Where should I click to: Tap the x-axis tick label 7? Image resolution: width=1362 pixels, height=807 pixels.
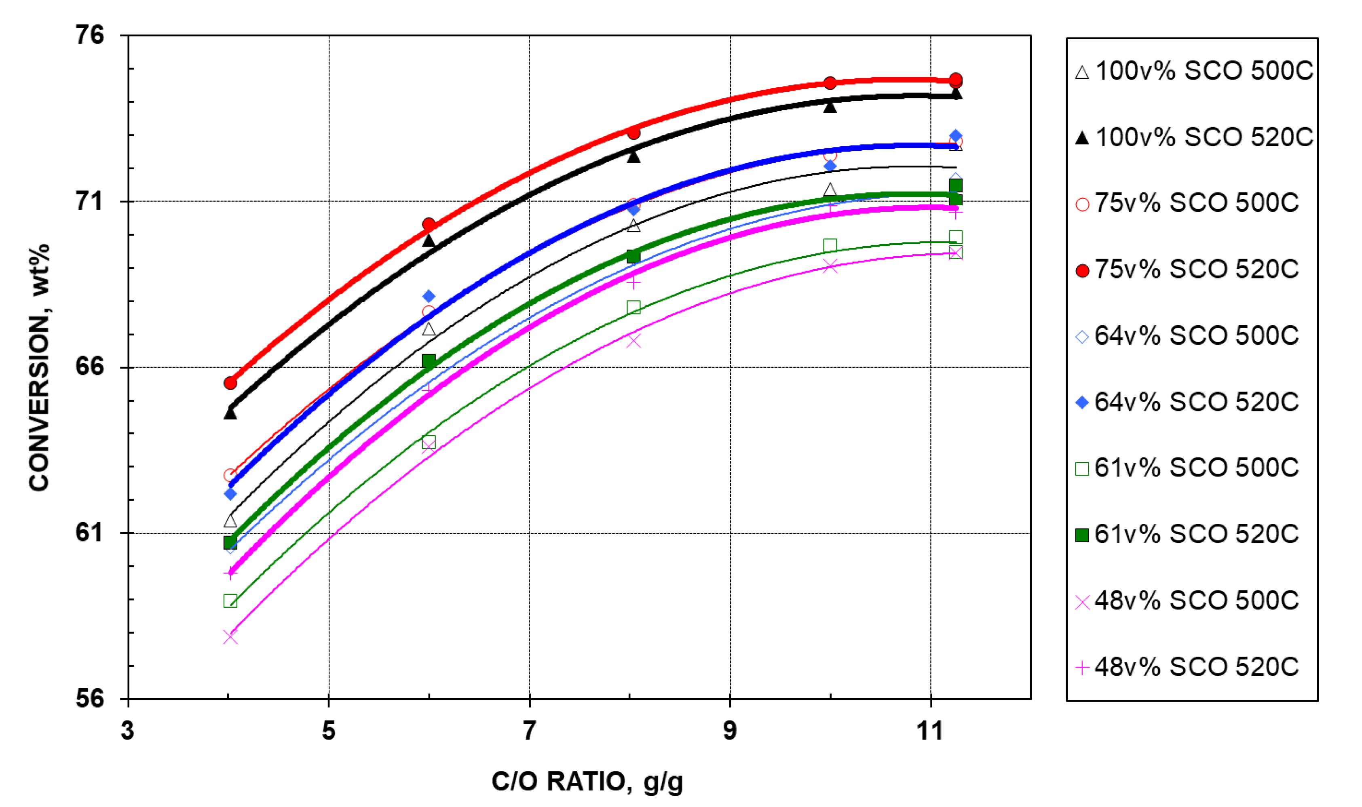coord(529,730)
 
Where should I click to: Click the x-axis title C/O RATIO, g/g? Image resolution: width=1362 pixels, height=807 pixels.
coord(587,782)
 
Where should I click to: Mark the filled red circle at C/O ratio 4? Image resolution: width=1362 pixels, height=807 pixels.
coord(230,383)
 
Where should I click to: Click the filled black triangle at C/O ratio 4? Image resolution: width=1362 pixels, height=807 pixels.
coord(230,414)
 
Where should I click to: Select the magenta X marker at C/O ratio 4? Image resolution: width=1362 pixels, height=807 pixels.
coord(230,637)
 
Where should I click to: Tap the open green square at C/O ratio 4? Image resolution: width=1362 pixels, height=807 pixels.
coord(230,601)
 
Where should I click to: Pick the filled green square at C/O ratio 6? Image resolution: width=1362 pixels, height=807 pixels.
coord(429,360)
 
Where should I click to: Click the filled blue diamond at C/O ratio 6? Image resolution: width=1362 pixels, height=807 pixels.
coord(429,296)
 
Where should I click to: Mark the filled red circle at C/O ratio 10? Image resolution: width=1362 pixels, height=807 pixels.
coord(830,83)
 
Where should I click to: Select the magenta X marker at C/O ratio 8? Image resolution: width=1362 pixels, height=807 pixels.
coord(633,341)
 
